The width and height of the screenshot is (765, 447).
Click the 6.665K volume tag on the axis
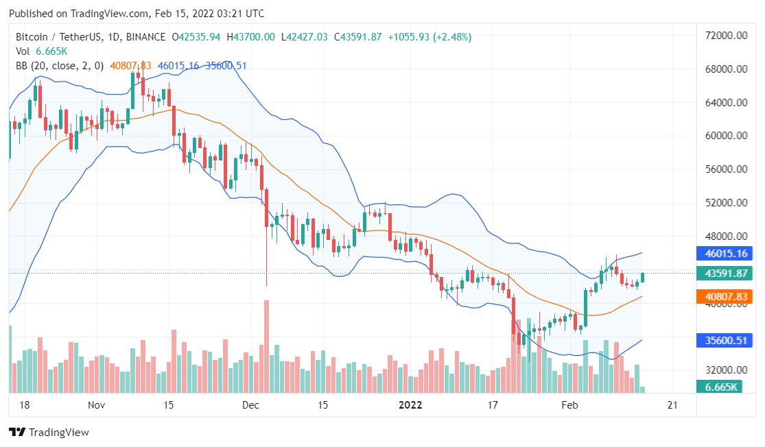pos(720,387)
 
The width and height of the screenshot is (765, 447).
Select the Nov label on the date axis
pos(97,405)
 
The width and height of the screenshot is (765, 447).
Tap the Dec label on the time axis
pos(250,405)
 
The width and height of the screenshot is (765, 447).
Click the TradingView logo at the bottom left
pos(49,433)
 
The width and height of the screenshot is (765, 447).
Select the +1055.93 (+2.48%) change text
pos(429,37)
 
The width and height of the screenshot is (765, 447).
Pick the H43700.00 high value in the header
pos(251,37)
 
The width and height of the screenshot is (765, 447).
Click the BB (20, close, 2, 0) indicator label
pos(60,66)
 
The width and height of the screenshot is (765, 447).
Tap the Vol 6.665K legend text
pos(42,51)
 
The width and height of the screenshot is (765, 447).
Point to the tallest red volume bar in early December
pos(266,346)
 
